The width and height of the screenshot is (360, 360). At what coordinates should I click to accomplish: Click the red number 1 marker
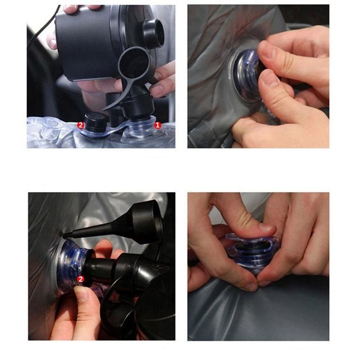(158, 125)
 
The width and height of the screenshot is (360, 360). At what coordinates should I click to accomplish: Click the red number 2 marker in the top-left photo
(80, 125)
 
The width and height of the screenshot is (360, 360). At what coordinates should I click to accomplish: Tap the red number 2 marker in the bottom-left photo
(80, 279)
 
